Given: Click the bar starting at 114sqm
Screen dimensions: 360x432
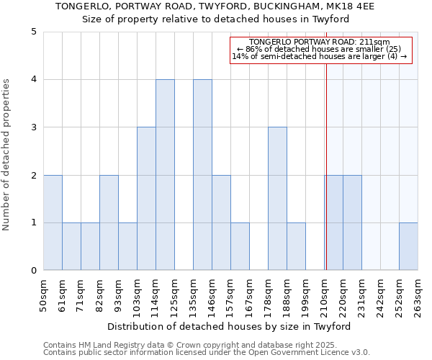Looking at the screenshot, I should (x=165, y=175).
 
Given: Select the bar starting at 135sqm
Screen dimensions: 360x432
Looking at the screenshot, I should (x=202, y=175).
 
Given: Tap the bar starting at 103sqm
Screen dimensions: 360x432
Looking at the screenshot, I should (x=146, y=199).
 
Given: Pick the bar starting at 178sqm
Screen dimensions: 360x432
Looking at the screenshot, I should (x=277, y=199).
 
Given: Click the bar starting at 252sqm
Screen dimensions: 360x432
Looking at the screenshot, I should (x=408, y=246).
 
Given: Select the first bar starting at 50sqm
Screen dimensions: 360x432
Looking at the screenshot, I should (x=53, y=222).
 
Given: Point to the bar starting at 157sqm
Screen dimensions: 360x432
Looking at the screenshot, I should (x=240, y=246).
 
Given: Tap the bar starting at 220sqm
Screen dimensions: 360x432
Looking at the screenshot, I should (x=352, y=222).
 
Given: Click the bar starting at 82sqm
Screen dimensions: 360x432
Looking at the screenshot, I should (x=109, y=222).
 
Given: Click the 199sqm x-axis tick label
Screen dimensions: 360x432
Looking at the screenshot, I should (x=306, y=295).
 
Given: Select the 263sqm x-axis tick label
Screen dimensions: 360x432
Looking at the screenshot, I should (x=418, y=295).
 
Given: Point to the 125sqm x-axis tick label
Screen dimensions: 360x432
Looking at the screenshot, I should (x=175, y=295).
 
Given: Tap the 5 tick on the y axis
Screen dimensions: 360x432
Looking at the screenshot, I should (x=33, y=32).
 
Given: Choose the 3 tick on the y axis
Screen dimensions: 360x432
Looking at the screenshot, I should (x=33, y=127).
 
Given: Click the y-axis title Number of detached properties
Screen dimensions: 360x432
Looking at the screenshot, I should (x=7, y=156).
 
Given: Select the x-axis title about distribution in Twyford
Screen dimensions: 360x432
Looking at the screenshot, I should (x=230, y=326).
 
